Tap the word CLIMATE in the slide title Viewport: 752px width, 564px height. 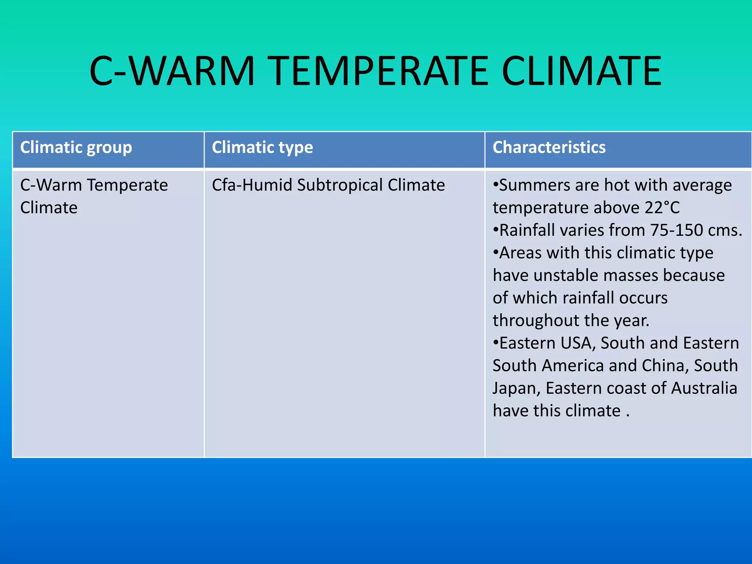(x=582, y=71)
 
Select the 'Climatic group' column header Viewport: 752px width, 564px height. (x=76, y=148)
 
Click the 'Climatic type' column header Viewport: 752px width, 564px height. (x=262, y=148)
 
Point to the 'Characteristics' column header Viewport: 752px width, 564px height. (x=549, y=148)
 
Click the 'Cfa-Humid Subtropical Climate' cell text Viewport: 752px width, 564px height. (x=328, y=185)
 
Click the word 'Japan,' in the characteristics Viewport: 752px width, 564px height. (x=516, y=388)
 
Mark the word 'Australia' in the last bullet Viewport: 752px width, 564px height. (x=704, y=388)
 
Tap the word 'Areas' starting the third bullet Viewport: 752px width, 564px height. (x=520, y=253)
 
